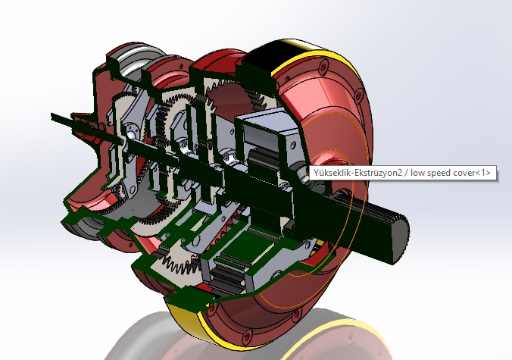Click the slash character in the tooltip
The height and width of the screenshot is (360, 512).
405,173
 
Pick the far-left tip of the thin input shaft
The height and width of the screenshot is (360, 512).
54,117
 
